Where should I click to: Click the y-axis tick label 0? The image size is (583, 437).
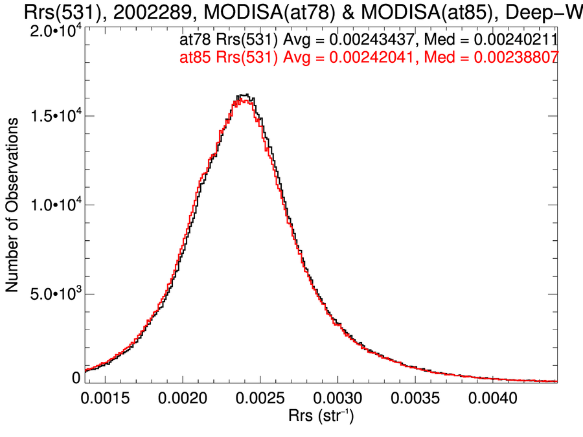(76, 377)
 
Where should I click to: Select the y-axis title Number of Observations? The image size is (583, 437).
(12, 205)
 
